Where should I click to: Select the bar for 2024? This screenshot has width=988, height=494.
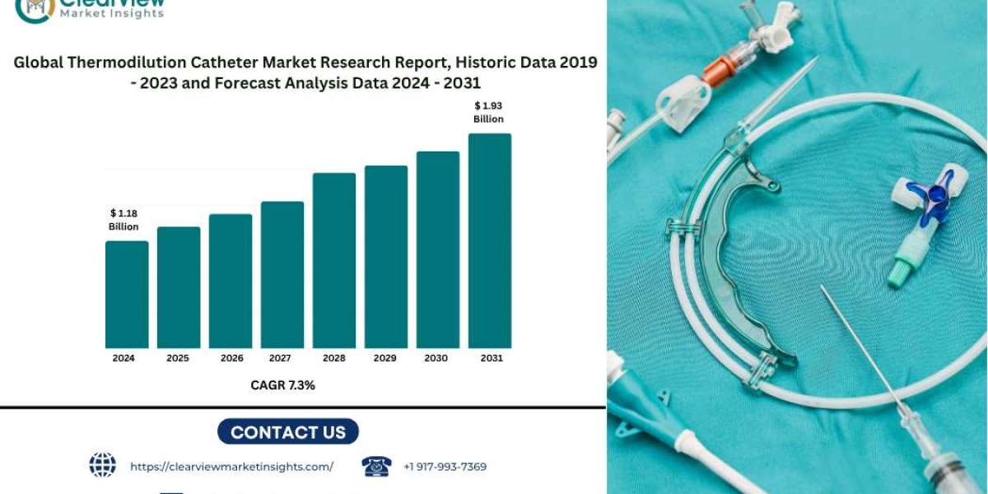coord(127,294)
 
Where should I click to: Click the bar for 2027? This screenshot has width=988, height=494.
coord(282,274)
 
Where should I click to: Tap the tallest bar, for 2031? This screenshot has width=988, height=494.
coord(490,240)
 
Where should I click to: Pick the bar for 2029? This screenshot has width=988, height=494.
coord(386,256)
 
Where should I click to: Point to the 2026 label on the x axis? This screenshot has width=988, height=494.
coord(231,358)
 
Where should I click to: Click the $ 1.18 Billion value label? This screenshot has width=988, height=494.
coord(123,220)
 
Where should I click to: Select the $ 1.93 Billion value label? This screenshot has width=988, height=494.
coord(488,112)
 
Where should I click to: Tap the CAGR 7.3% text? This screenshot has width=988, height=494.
coord(282,384)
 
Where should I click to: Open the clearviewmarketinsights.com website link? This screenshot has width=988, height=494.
coord(231,467)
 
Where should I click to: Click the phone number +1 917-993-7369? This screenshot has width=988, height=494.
coord(445,467)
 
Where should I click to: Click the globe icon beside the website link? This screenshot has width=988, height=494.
coord(103,466)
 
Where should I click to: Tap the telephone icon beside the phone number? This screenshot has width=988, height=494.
coord(376,467)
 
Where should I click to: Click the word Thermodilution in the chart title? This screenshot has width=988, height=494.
coord(193,63)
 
